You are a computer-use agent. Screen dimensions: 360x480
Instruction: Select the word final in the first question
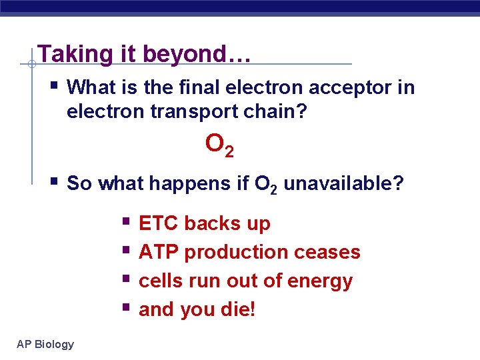tap(210, 87)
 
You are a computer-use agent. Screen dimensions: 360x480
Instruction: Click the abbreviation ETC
tap(159, 223)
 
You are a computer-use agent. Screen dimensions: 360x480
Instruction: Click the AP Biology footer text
tap(45, 344)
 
